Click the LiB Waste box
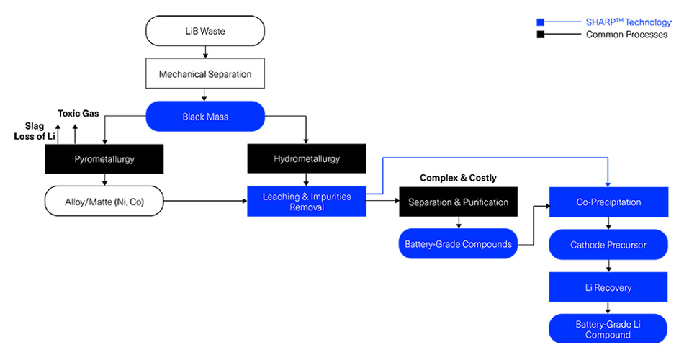(x=205, y=31)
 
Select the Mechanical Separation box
(x=205, y=73)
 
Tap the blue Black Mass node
(x=205, y=116)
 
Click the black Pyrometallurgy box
(x=104, y=158)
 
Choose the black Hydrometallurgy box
(x=306, y=158)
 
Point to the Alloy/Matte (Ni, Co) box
(x=104, y=202)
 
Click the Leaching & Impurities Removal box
(x=306, y=202)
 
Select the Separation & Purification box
(x=458, y=202)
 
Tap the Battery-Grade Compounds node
(x=458, y=244)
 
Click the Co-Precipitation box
(x=609, y=202)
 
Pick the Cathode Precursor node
(x=609, y=245)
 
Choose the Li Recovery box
(x=609, y=287)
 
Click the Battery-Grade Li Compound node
(x=609, y=329)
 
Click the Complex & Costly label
(x=458, y=178)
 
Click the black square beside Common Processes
(x=540, y=35)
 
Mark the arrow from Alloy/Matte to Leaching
(x=205, y=202)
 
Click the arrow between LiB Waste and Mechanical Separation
(x=205, y=52)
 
